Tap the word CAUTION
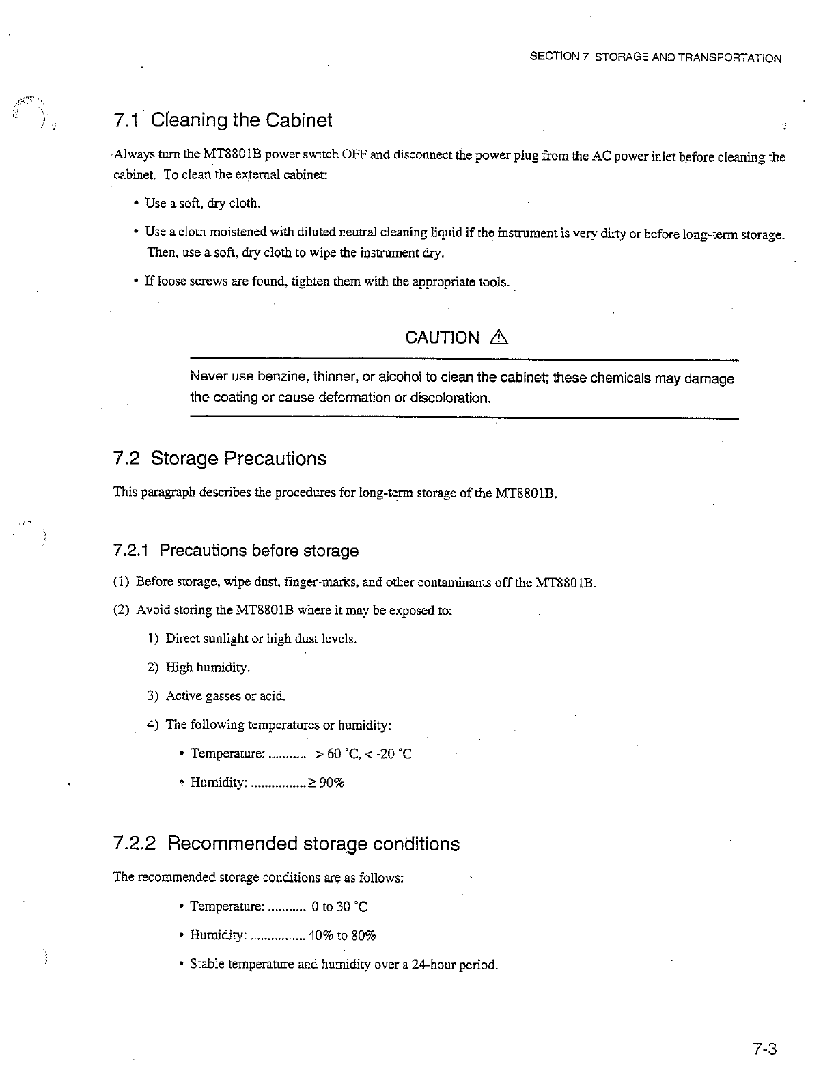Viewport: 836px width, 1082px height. pos(443,337)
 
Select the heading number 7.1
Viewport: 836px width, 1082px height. pos(127,121)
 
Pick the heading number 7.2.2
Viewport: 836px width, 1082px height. pos(136,844)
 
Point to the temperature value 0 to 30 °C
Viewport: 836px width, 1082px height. pos(339,906)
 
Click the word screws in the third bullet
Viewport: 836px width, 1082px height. pos(200,281)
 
